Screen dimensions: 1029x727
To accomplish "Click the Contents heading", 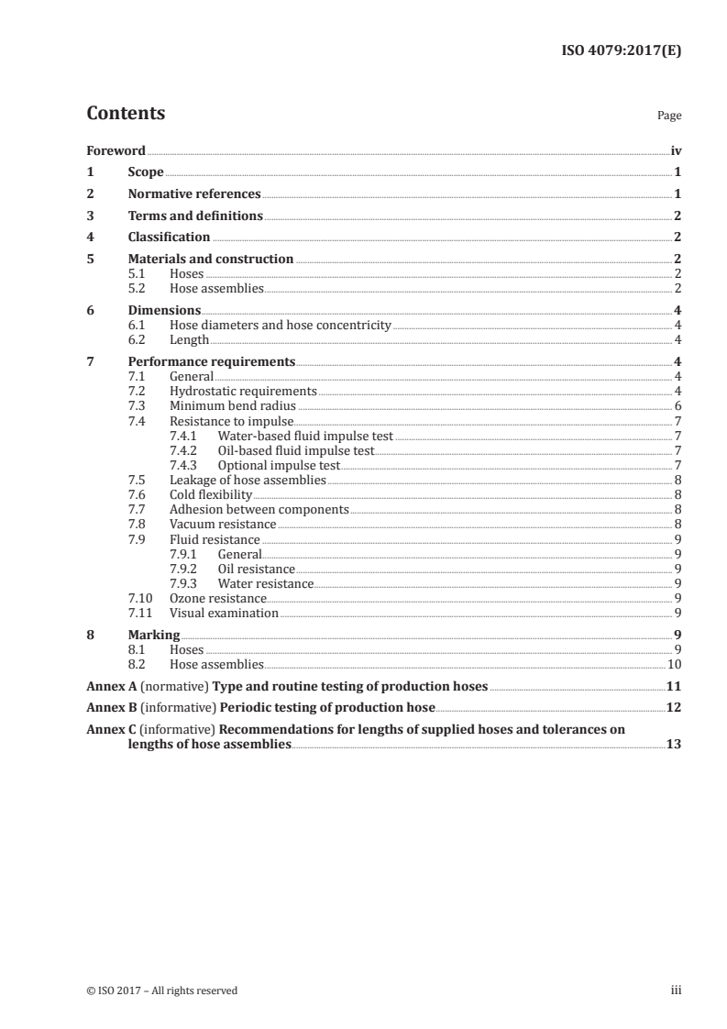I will click(x=126, y=114).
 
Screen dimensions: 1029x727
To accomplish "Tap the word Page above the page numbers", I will click(x=669, y=116).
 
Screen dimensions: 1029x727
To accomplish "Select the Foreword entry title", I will click(x=116, y=150).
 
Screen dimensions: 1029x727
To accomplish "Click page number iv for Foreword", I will click(x=676, y=150).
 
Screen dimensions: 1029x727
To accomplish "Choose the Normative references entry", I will click(x=194, y=194).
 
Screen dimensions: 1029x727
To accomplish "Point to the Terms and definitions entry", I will click(x=195, y=216).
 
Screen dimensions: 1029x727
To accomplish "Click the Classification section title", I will click(x=169, y=238).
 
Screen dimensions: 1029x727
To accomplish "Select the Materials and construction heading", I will click(x=211, y=260).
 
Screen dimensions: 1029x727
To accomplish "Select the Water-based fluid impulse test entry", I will click(x=304, y=436).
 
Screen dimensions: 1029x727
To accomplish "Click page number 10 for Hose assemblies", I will click(x=674, y=664).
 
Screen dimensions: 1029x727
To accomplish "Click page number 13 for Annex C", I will click(x=674, y=746).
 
